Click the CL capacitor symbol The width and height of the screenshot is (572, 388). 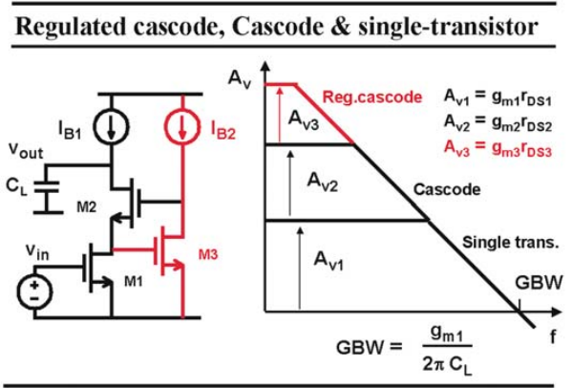point(47,186)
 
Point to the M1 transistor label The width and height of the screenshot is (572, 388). point(133,282)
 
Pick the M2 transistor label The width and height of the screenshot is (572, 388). point(87,207)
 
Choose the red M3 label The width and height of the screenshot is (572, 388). point(208,254)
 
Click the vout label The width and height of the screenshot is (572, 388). point(26,150)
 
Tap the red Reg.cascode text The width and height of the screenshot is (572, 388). point(372,97)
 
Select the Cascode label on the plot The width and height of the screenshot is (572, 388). point(447,189)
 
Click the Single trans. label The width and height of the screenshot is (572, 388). point(510,243)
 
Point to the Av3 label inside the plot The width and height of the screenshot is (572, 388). point(303,120)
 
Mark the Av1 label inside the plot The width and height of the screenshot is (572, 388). point(328,261)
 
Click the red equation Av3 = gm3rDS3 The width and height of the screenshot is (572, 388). point(498,148)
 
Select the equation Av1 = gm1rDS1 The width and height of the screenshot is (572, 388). point(498,97)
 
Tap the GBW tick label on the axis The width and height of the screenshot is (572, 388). point(539,283)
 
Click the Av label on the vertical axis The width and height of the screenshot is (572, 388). point(240,78)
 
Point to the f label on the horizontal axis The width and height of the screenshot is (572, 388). point(553,337)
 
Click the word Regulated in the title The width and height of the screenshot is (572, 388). point(71,27)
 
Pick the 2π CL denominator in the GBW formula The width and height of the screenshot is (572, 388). point(447,364)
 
